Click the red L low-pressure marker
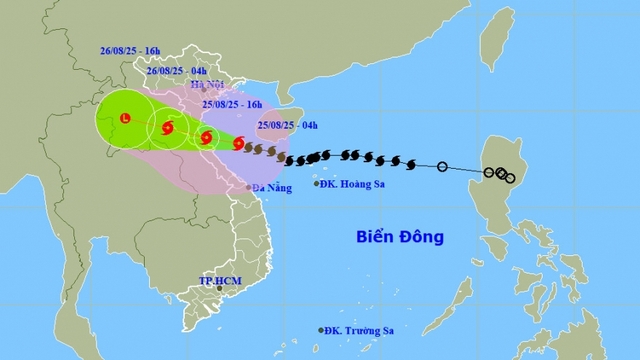(125, 119)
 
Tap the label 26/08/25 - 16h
(132, 48)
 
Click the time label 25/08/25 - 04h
(286, 125)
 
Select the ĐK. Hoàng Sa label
(353, 184)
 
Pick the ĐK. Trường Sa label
(361, 330)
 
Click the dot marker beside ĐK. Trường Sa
(322, 330)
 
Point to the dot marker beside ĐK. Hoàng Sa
(317, 184)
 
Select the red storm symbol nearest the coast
(237, 143)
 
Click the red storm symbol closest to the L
(166, 128)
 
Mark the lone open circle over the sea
(442, 166)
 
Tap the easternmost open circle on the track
(510, 178)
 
